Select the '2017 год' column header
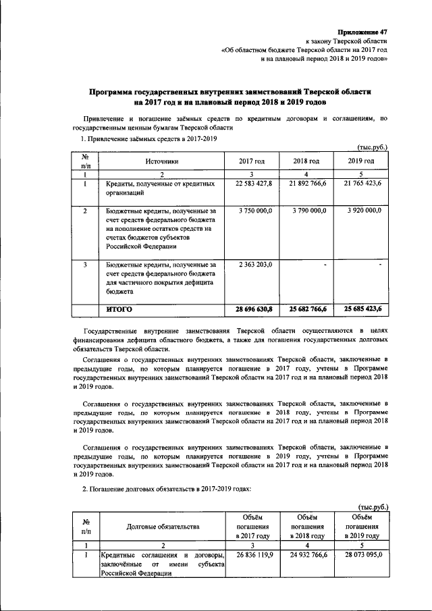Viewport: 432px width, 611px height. click(x=252, y=161)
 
